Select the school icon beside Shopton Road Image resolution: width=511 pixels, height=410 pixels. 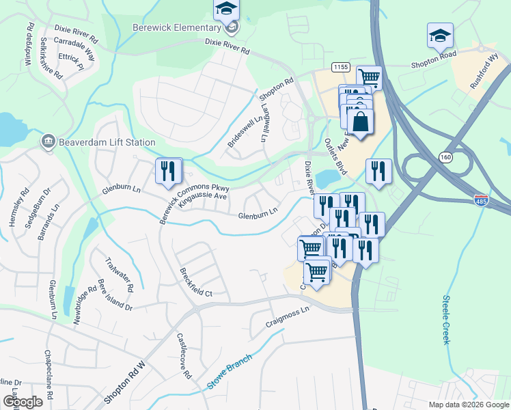[440, 35]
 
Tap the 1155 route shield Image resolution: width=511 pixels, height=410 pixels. [341, 66]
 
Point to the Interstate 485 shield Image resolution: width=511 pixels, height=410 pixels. [481, 200]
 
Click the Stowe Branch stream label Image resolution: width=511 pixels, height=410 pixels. [230, 372]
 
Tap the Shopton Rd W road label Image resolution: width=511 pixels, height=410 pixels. [125, 382]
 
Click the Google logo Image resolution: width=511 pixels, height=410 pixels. [23, 402]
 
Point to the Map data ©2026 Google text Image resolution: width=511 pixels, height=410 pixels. [468, 404]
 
